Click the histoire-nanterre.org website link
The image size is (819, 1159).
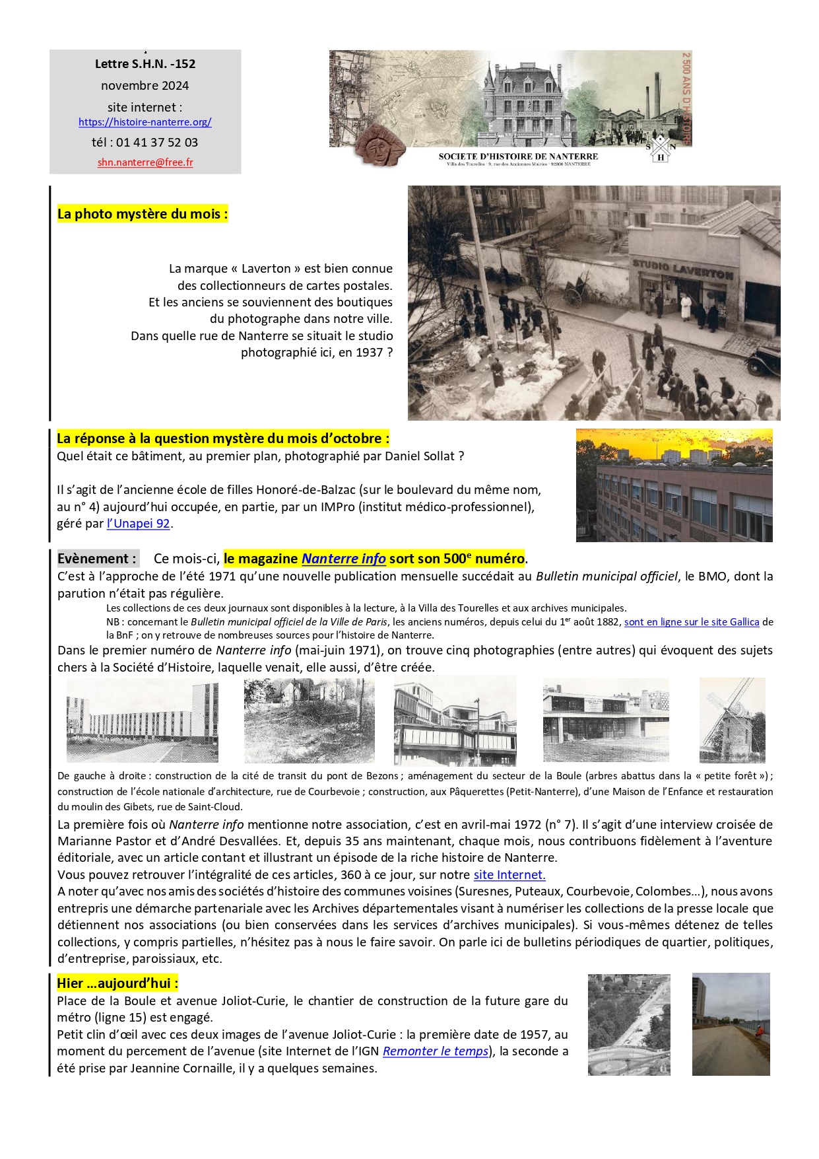[145, 122]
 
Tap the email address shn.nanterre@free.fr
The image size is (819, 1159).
[145, 162]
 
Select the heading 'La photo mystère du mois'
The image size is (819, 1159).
[142, 214]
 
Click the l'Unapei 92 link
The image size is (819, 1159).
[139, 524]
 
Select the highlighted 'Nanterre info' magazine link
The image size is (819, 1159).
[343, 559]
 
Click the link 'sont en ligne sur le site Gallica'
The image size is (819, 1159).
[691, 622]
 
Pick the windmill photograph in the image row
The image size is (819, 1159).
[732, 720]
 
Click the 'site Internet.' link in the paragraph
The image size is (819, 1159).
[509, 875]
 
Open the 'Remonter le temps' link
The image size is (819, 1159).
[436, 1051]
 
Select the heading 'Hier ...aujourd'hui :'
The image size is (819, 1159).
[117, 983]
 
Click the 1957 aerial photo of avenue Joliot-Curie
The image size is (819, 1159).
[628, 1024]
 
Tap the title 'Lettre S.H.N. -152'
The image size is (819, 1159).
[145, 64]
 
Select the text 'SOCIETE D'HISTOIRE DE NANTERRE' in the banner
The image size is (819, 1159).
[518, 157]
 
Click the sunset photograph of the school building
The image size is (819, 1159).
[674, 485]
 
